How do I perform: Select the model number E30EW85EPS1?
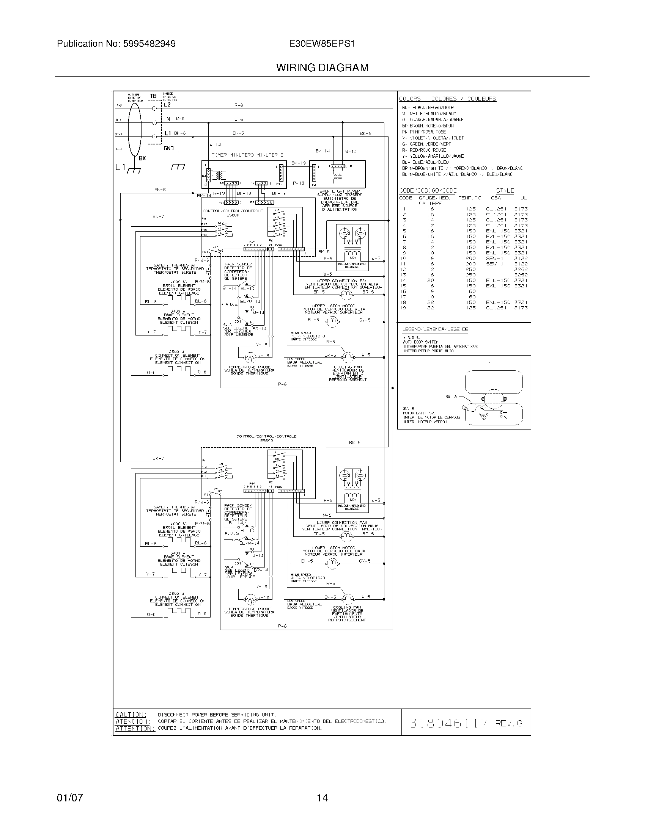click(322, 44)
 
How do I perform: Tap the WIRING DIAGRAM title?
click(322, 68)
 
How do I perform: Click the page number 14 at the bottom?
click(322, 798)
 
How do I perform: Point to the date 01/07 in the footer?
click(69, 798)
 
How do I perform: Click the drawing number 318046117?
click(449, 723)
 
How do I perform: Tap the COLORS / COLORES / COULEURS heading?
click(447, 99)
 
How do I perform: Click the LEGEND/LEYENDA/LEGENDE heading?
click(435, 329)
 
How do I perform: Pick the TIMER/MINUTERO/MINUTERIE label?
click(247, 155)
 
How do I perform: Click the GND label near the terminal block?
click(168, 148)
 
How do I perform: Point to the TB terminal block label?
click(153, 96)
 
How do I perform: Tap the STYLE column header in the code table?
click(505, 191)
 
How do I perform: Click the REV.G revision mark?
click(508, 723)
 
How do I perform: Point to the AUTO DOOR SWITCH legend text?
click(420, 342)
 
